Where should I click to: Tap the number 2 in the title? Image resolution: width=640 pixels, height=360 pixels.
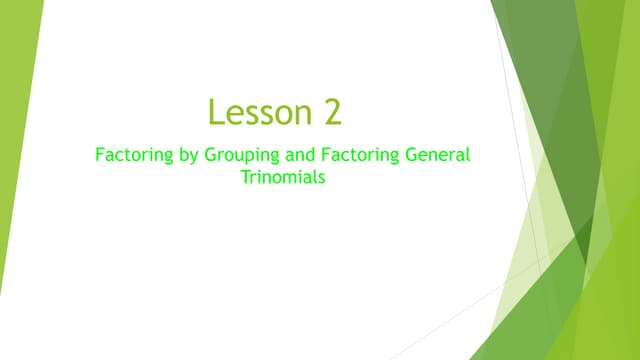tap(333, 111)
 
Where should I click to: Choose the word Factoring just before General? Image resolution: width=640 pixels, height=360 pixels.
tap(361, 156)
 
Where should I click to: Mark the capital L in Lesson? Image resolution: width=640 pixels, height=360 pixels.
tap(215, 111)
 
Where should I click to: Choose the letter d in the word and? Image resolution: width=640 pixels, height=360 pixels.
tap(315, 156)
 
